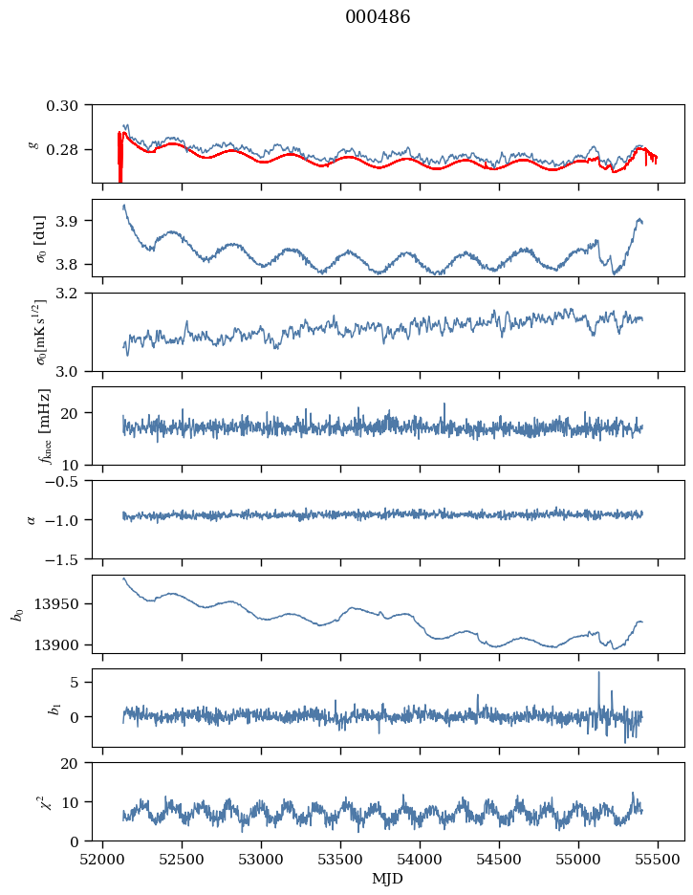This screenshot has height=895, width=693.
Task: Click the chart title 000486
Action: pos(378,17)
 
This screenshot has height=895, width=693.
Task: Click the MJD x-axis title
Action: pos(388,879)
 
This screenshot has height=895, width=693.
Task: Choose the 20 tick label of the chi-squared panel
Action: pos(76,764)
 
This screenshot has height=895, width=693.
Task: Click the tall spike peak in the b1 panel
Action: pos(599,672)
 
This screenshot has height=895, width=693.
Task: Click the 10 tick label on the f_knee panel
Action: pos(76,465)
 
